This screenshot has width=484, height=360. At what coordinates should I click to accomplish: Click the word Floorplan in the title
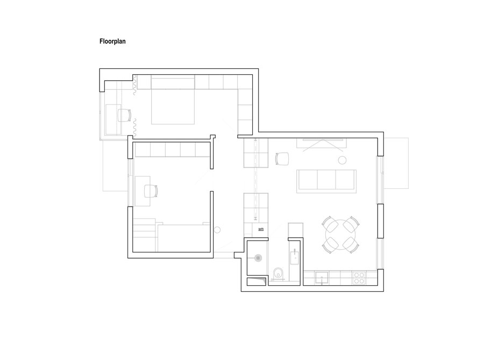click(112, 40)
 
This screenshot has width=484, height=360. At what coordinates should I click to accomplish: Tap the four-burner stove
click(360, 278)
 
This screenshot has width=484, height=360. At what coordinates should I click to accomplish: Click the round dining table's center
click(340, 235)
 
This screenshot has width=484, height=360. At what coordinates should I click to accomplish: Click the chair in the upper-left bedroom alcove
click(124, 115)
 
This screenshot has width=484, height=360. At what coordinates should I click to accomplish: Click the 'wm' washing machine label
click(261, 229)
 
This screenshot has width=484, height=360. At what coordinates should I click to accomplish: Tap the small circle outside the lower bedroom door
click(218, 230)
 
